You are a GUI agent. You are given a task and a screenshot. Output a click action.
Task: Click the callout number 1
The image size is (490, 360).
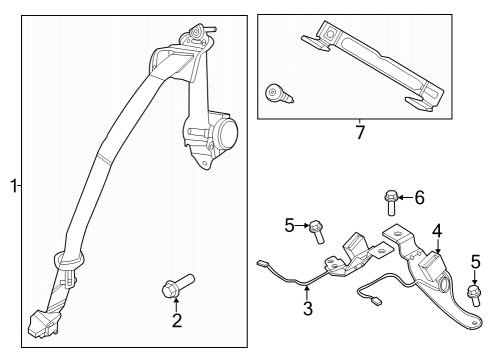coord(13,186)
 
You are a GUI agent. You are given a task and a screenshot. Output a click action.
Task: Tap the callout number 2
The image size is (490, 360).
coord(176,321)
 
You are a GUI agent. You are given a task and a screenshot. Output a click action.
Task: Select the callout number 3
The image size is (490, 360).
coord(308,309)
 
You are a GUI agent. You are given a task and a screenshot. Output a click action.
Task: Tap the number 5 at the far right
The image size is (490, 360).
coord(475,261)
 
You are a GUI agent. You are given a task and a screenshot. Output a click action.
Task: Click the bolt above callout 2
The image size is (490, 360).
coord(177,289)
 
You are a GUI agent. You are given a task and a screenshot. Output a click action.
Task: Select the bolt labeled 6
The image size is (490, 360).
coord(389,203)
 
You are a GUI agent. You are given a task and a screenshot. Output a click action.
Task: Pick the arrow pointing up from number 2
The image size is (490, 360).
coord(176,305)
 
